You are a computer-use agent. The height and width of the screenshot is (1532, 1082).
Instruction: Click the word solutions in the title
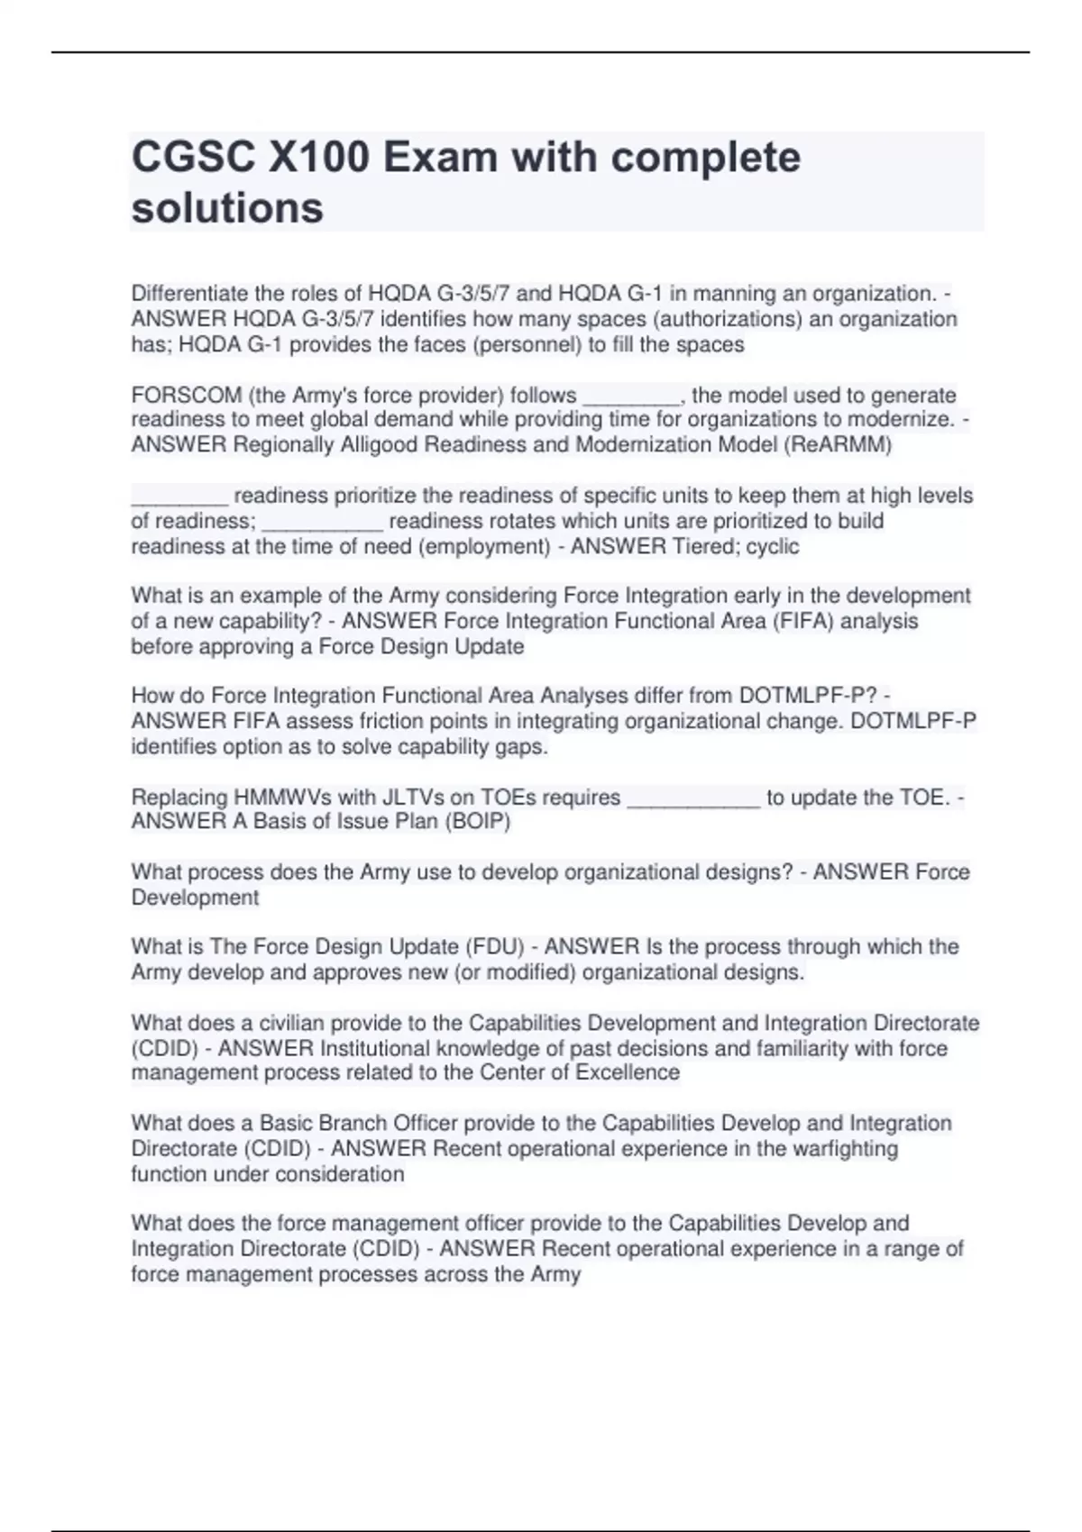pyautogui.click(x=227, y=208)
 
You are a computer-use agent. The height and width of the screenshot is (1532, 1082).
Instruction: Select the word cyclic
pyautogui.click(x=773, y=546)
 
